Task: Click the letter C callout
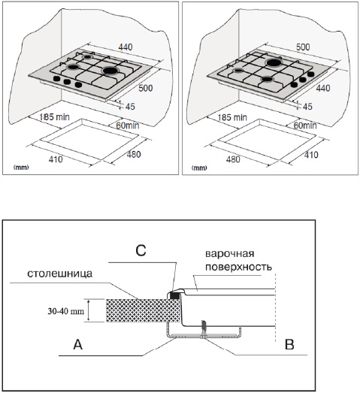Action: click(x=141, y=250)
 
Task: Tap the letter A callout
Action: click(x=78, y=345)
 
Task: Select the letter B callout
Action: click(x=289, y=345)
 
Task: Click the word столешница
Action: click(x=59, y=274)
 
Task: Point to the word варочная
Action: click(x=230, y=254)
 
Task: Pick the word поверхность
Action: click(x=238, y=267)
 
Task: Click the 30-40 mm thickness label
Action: click(x=66, y=311)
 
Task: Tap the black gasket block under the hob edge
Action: click(x=174, y=295)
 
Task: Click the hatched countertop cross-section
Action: click(x=143, y=310)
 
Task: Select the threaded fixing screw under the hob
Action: click(x=204, y=329)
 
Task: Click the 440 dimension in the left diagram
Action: click(x=126, y=47)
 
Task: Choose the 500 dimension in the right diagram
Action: click(x=303, y=47)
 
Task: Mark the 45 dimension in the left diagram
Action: click(x=130, y=107)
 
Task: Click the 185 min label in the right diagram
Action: click(x=232, y=117)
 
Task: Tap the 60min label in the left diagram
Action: click(x=128, y=125)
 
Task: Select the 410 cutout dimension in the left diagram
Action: click(x=56, y=159)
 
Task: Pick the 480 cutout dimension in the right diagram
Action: click(x=233, y=159)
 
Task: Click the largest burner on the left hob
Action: click(x=110, y=71)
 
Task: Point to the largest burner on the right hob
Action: click(x=274, y=62)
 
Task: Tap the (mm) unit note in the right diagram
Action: click(x=199, y=168)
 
